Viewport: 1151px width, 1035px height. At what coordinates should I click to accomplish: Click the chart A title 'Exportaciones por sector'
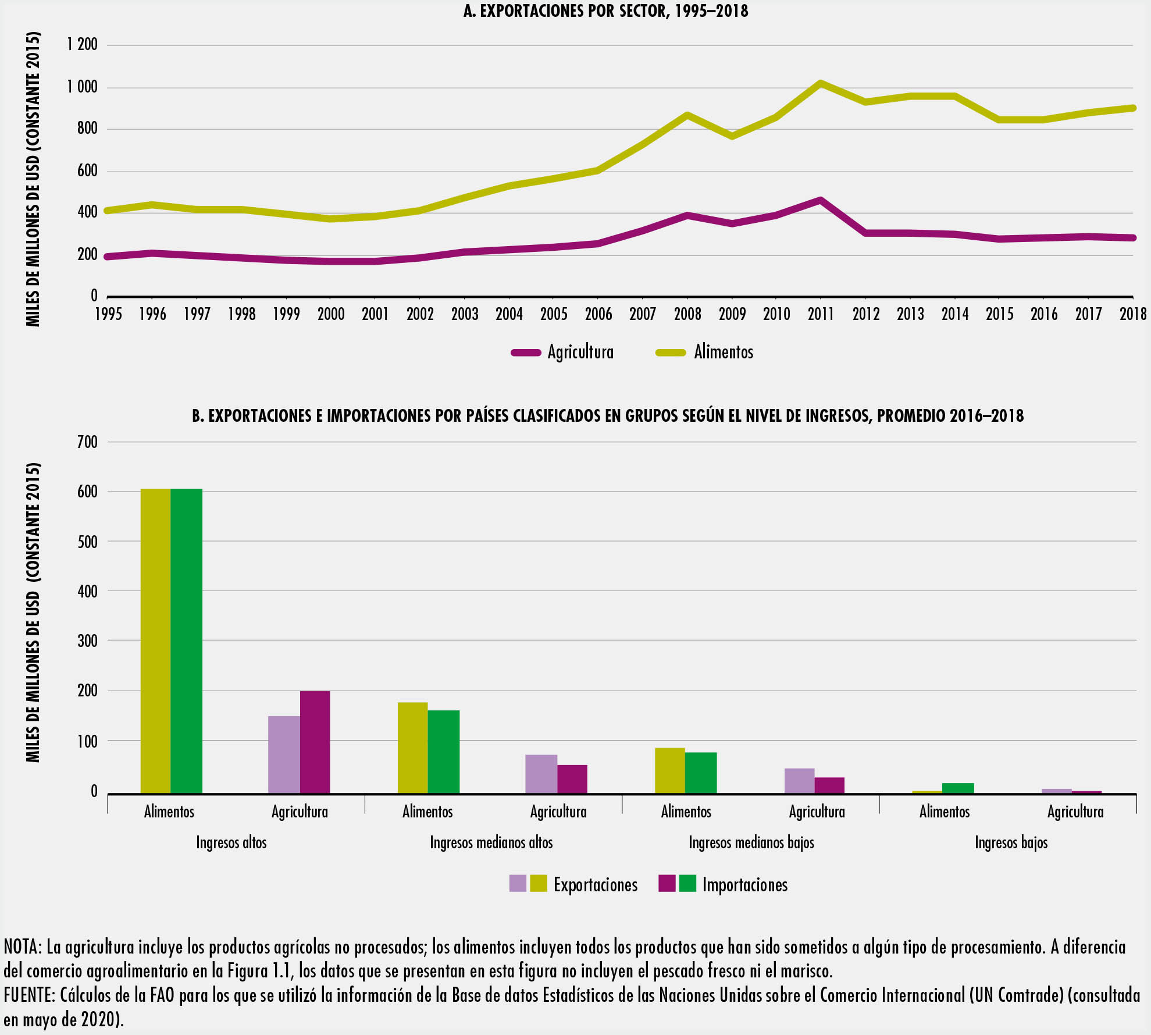(605, 11)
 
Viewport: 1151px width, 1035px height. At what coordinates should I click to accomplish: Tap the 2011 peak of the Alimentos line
(820, 83)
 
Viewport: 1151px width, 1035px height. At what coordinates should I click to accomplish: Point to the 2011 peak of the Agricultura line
(820, 201)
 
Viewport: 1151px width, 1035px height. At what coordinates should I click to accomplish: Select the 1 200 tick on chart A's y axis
(82, 45)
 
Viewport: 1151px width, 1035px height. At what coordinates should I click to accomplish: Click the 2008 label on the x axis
(687, 315)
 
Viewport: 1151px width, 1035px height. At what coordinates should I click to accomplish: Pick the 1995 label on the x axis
(109, 315)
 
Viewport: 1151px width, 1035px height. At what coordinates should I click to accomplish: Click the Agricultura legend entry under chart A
(580, 353)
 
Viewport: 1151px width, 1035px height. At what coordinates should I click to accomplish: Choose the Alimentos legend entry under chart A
(723, 353)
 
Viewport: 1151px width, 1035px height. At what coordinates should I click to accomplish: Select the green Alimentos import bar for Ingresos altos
(186, 640)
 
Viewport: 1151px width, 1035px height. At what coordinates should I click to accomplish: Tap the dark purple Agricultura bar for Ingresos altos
(315, 742)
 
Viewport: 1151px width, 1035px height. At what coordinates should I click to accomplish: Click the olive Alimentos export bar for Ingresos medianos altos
(412, 748)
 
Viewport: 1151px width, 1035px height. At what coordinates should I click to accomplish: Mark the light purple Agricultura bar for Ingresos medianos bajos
(799, 781)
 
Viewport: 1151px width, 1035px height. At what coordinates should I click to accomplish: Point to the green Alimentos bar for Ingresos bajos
(957, 788)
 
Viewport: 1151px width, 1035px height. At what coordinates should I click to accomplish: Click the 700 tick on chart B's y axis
(87, 442)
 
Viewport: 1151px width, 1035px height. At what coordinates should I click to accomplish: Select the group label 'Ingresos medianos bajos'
(751, 842)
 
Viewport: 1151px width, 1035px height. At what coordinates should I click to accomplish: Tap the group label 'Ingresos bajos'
(1011, 842)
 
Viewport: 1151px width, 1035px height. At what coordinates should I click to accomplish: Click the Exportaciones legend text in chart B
(595, 885)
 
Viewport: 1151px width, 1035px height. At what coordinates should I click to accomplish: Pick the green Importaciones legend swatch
(687, 883)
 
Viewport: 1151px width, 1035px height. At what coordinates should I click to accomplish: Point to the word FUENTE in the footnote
(28, 996)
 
